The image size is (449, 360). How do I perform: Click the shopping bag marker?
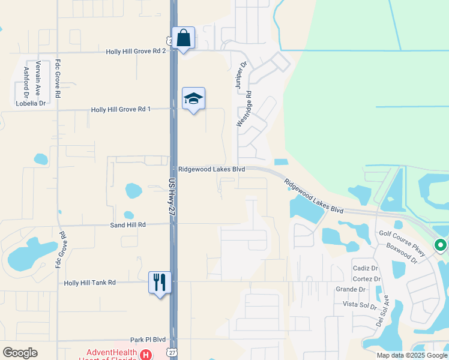point(183,38)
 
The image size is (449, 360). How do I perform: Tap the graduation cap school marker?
point(193,99)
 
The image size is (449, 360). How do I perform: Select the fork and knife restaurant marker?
point(160,282)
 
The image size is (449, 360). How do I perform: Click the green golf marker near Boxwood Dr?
point(440,245)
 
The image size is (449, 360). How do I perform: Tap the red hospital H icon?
point(145,355)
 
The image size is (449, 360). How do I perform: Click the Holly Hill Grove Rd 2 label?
point(136,52)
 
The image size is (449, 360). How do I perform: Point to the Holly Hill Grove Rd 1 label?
point(121,109)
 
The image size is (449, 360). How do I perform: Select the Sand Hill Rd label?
point(128,224)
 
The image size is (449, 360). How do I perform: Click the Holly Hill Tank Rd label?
point(89,282)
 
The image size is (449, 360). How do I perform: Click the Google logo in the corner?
point(20,353)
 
